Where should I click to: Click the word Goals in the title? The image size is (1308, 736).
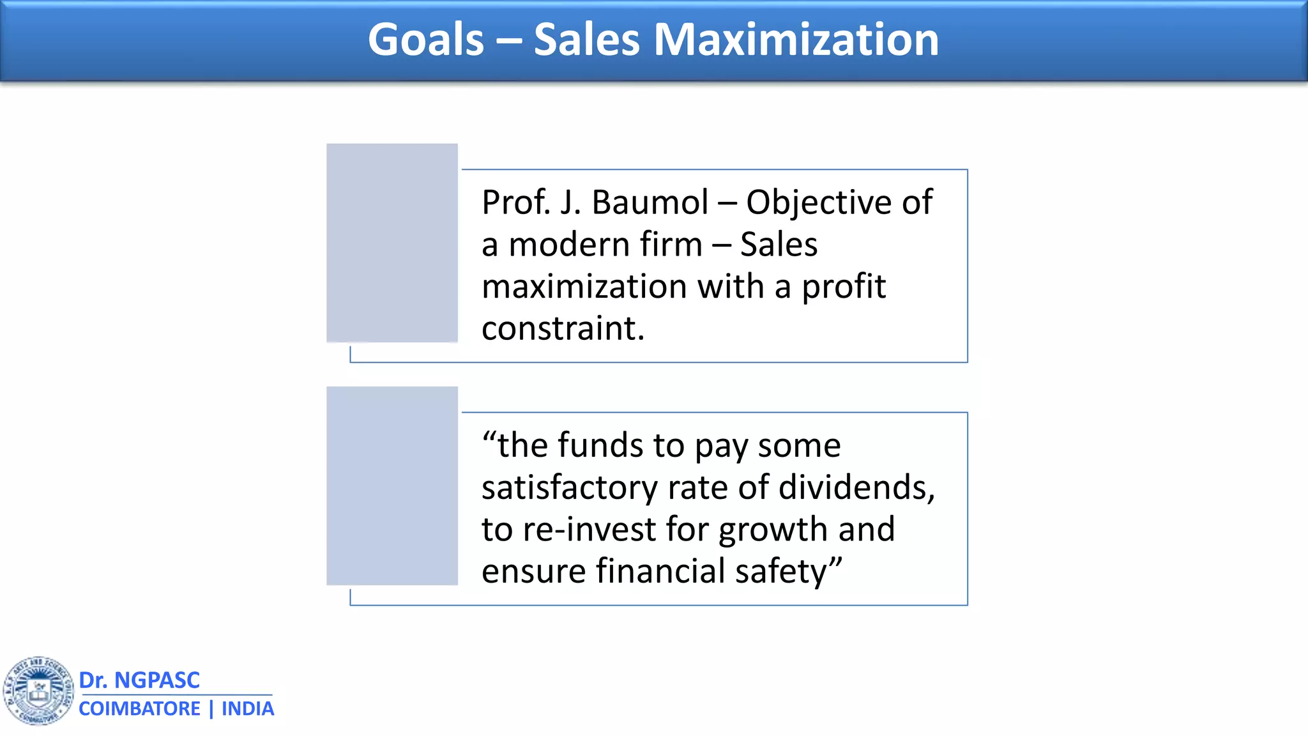426,40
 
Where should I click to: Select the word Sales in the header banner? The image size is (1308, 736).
586,40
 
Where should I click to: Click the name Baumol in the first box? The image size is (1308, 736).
650,203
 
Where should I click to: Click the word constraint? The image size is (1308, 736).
562,328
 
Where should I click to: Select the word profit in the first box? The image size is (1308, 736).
843,287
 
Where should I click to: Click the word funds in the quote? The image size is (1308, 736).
600,445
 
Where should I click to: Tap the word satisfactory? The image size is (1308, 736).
569,487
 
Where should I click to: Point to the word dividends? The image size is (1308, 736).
856,487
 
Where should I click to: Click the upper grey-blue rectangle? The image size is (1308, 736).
392,243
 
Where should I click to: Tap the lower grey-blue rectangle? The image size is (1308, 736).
392,486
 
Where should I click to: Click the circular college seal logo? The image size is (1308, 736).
39,691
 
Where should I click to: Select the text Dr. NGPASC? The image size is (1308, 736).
139,680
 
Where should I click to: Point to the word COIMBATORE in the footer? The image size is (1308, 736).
139,709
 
